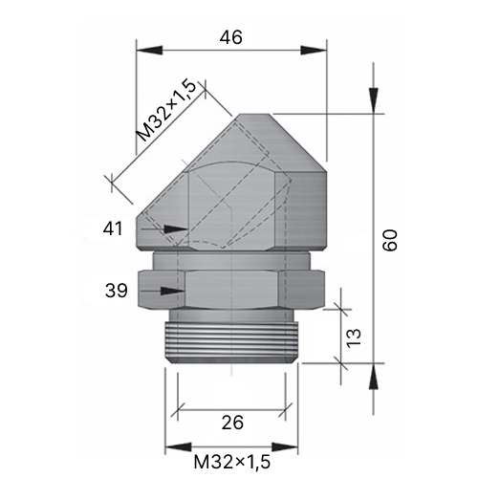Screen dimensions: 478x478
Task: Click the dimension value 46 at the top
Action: tap(231, 37)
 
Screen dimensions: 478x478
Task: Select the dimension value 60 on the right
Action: tap(390, 240)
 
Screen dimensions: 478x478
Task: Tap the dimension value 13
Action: tap(354, 338)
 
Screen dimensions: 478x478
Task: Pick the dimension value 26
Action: tap(232, 423)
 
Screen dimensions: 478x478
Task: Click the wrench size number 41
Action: tap(113, 228)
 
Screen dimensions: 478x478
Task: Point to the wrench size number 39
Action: tap(117, 291)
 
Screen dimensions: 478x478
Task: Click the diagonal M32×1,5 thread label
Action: tap(166, 111)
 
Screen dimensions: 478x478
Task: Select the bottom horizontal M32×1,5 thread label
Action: tap(232, 462)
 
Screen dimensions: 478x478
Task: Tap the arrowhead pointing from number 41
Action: tap(176, 228)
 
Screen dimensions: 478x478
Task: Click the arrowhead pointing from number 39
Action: tap(172, 291)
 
